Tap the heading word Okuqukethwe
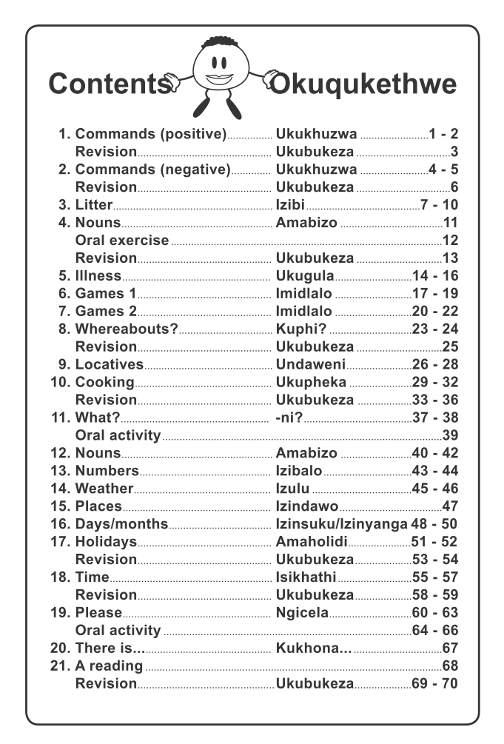[363, 84]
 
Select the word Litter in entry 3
[94, 205]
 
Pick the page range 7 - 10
[439, 205]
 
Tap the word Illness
[98, 276]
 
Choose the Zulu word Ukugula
[305, 276]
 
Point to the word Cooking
[104, 382]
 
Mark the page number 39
[450, 435]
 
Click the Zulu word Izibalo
[299, 471]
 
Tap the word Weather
[104, 489]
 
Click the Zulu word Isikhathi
[306, 577]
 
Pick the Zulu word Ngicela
[301, 613]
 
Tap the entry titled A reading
[109, 666]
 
